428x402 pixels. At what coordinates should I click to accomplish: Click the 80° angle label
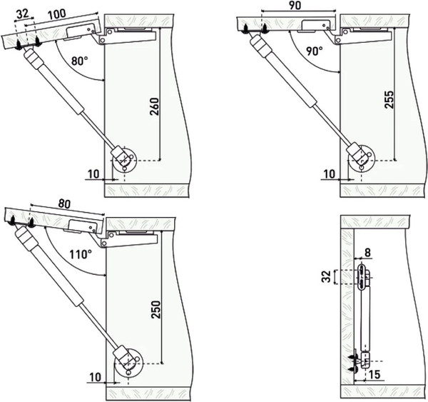[79, 61]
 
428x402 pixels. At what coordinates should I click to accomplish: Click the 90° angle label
[314, 51]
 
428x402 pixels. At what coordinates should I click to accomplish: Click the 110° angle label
[80, 254]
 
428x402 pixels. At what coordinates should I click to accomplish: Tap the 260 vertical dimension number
[155, 106]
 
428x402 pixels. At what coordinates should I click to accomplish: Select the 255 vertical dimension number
[389, 99]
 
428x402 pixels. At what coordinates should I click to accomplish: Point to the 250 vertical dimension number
[156, 310]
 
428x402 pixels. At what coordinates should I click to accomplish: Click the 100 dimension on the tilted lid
[56, 14]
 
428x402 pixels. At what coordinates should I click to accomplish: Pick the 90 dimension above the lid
[295, 5]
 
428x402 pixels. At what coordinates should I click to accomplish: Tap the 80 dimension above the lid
[64, 203]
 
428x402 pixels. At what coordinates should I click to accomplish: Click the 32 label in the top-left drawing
[23, 14]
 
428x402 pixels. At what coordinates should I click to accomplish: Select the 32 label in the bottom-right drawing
[326, 276]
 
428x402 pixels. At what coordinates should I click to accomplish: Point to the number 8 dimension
[367, 253]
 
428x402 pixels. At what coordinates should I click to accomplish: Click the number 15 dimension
[374, 375]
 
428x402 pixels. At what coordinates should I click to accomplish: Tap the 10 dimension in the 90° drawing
[329, 174]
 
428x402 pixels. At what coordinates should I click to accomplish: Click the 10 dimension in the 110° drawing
[96, 378]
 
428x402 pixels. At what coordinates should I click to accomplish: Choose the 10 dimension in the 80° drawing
[94, 174]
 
